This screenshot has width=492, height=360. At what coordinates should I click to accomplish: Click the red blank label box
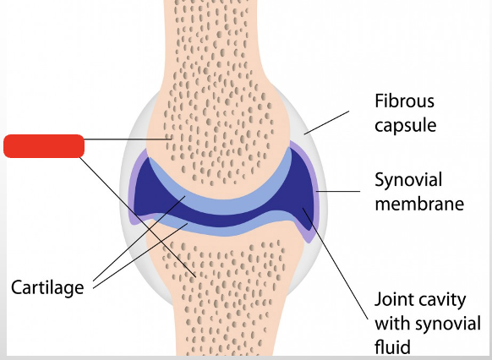pos(44,145)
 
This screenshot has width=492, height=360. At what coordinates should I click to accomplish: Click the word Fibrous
pos(404,101)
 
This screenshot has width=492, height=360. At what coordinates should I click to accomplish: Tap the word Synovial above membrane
pos(408,180)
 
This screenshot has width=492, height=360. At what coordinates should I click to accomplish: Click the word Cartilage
pos(47,287)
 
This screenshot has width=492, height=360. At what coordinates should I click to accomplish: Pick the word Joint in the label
pos(394,301)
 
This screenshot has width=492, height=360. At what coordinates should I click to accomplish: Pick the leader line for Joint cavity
pos(338,262)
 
